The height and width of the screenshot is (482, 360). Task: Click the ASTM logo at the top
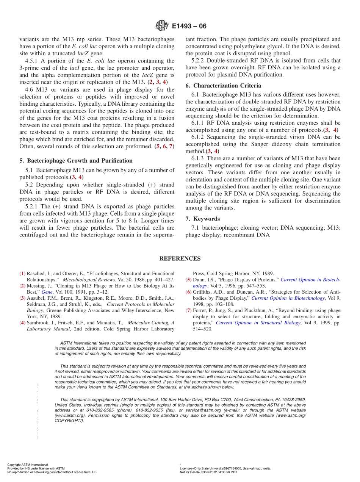(x=162, y=26)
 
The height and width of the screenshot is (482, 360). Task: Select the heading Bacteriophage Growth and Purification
(x=80, y=161)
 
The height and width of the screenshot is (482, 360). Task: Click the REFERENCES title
(x=180, y=259)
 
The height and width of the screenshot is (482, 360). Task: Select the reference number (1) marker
(x=22, y=273)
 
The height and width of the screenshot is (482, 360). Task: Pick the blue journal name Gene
(x=47, y=292)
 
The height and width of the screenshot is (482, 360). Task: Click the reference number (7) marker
(x=188, y=310)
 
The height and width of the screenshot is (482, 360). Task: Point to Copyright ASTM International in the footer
(x=28, y=465)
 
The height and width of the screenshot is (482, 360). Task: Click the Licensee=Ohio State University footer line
(x=225, y=468)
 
